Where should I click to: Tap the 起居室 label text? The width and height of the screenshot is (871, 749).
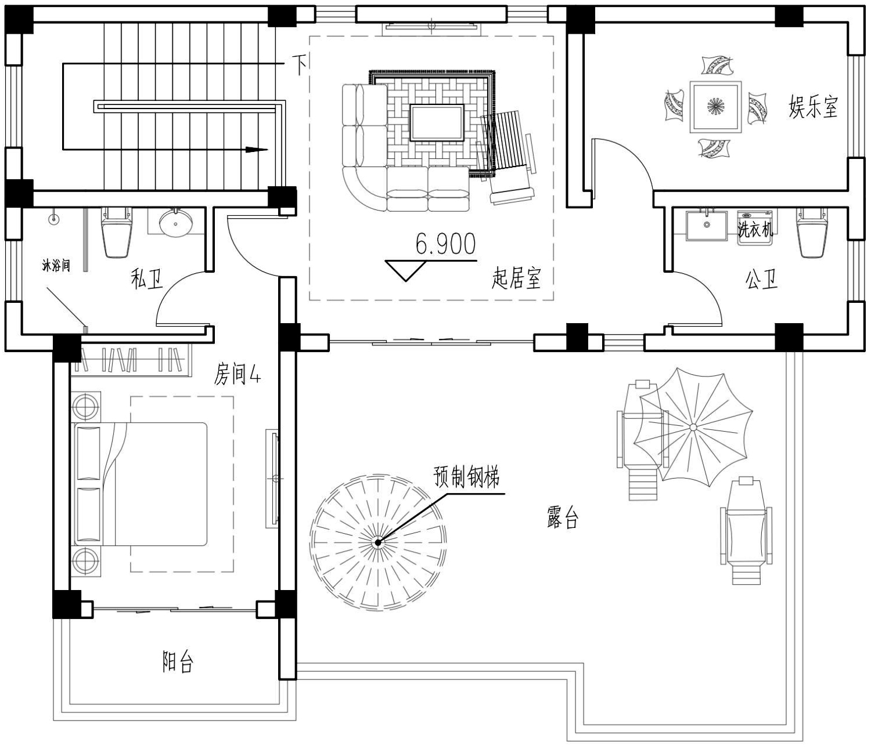(516, 278)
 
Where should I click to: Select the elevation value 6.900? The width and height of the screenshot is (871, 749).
(445, 244)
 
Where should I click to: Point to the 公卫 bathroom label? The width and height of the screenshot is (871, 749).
(761, 279)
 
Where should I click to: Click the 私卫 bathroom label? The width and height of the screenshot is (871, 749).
(147, 278)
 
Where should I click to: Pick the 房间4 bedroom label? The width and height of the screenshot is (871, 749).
(237, 374)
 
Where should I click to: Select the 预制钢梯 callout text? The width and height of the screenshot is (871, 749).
(466, 477)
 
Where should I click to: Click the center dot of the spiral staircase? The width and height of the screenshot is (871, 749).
(378, 542)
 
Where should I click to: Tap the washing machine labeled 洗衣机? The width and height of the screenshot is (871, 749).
(755, 228)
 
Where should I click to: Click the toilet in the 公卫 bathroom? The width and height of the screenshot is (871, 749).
(812, 232)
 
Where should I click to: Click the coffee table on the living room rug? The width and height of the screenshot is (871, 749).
(437, 122)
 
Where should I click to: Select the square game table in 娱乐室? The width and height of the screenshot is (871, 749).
(715, 107)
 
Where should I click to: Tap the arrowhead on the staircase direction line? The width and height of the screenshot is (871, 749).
(257, 150)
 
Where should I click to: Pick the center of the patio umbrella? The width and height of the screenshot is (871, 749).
(693, 427)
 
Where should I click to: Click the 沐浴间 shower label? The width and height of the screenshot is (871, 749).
(56, 266)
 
